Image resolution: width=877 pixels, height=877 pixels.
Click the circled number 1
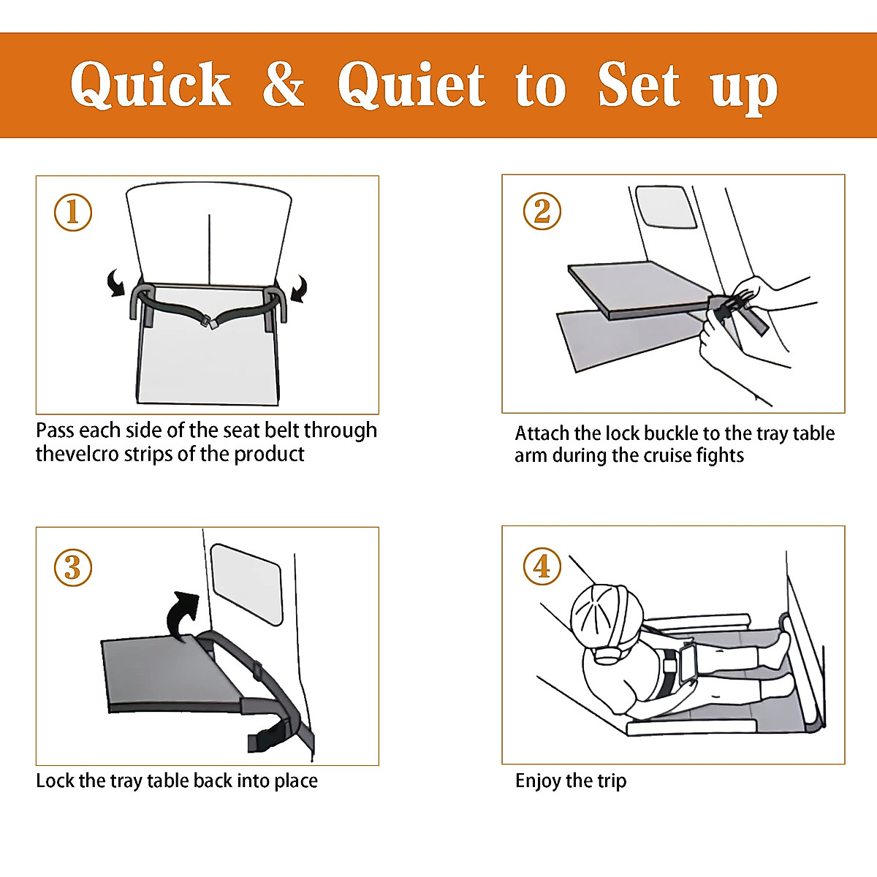tap(73, 213)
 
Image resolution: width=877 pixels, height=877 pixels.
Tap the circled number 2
tap(542, 211)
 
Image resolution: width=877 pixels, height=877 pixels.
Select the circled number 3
tap(73, 568)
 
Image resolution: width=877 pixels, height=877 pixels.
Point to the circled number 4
tap(542, 566)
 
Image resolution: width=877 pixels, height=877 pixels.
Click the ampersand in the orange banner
tap(283, 85)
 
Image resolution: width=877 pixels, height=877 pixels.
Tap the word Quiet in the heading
tap(411, 85)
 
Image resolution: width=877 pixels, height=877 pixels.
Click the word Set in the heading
tap(638, 85)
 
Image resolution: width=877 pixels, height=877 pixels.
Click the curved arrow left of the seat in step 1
tap(115, 283)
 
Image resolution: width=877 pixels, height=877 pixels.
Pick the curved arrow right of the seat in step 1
tap(299, 289)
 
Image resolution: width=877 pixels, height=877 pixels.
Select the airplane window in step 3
tap(246, 585)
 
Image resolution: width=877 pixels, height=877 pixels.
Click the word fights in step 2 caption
tap(721, 455)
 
